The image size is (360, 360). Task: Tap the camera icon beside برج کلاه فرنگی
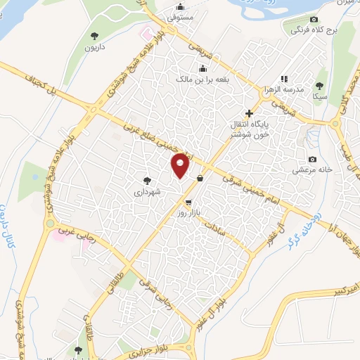[x=314, y=19]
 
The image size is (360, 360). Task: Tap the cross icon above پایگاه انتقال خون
[x=249, y=112]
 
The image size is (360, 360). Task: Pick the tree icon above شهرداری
[x=147, y=181]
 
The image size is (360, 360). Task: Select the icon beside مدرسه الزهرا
[x=284, y=79]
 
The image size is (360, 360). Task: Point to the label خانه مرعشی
[x=312, y=169]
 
